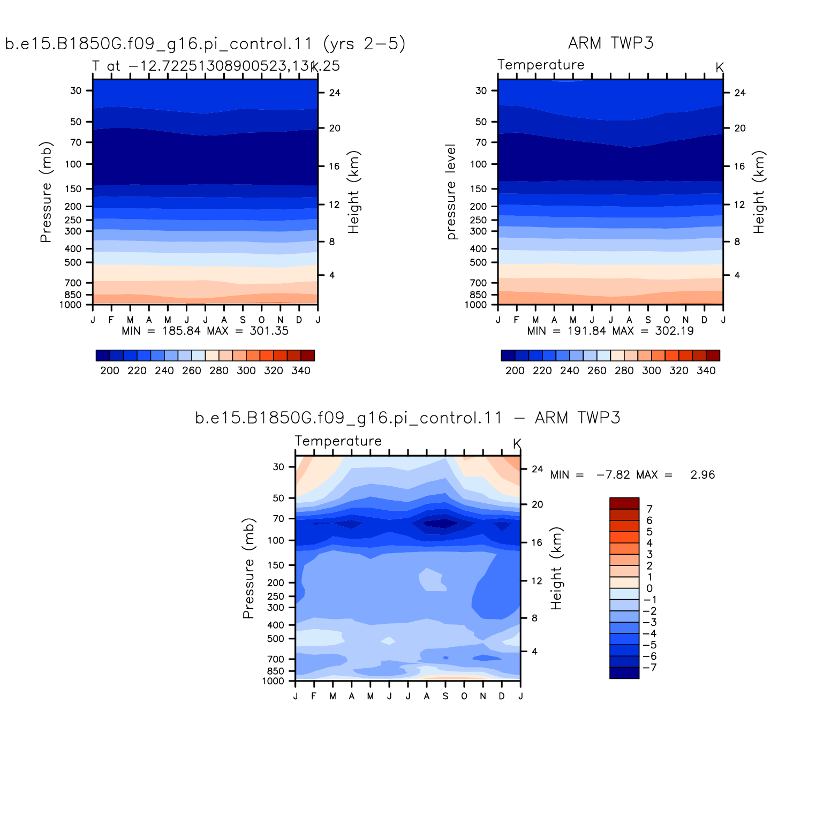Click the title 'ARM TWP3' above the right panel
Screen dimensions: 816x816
(610, 43)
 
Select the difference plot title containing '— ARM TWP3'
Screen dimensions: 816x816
(407, 418)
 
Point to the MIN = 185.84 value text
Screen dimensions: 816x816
(161, 331)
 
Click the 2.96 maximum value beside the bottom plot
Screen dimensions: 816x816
(702, 475)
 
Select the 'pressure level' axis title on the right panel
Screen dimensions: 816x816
(451, 192)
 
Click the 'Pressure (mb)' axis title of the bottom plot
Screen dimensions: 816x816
(248, 568)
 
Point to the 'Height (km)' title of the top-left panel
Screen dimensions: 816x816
(354, 192)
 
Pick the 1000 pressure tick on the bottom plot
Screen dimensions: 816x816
(273, 682)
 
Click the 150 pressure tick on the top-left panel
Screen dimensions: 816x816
(73, 189)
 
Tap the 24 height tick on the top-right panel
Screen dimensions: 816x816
(739, 93)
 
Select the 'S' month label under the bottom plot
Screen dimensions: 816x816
(445, 696)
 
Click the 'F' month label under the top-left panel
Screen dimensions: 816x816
(111, 320)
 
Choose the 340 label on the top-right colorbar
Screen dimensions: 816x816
(706, 371)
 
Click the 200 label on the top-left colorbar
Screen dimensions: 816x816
(110, 371)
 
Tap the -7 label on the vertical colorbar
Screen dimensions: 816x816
(649, 668)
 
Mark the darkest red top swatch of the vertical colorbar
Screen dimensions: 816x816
(624, 503)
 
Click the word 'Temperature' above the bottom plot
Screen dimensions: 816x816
(338, 441)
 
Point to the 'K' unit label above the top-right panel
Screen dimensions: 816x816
(720, 67)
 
